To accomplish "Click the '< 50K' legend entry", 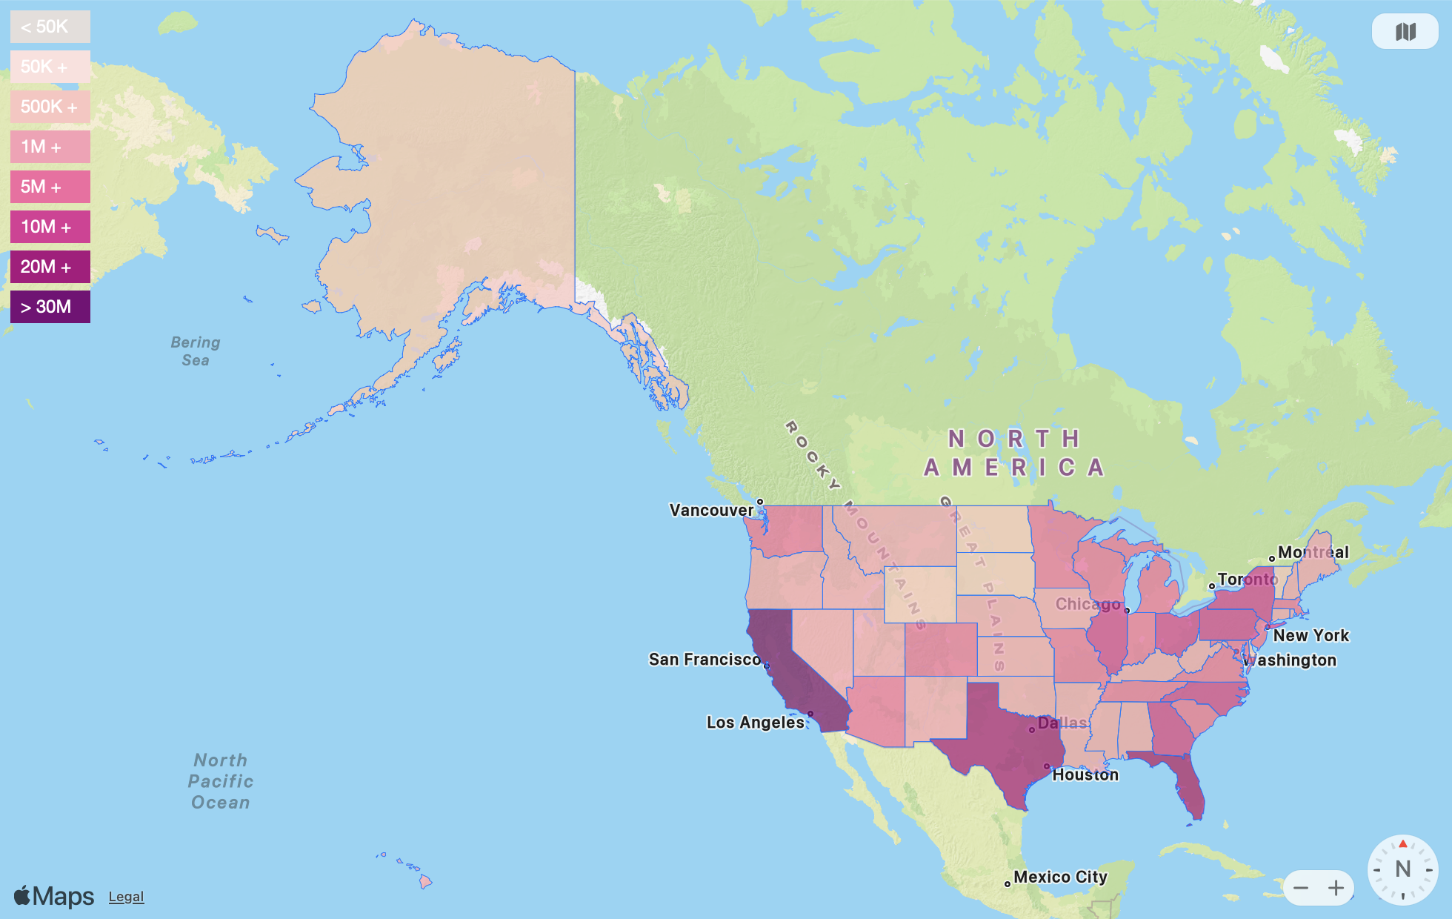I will click(x=50, y=27).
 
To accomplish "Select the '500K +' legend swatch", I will click(x=50, y=107).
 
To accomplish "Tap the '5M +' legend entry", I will click(x=50, y=187).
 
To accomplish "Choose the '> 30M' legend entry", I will click(x=50, y=307).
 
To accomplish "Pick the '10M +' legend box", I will click(x=50, y=227).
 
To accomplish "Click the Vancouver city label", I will click(x=711, y=510).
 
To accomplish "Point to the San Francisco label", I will click(x=704, y=660).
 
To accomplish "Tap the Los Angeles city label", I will click(x=755, y=723).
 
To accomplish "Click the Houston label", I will click(x=1085, y=775).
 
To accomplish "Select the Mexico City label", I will click(x=1060, y=877).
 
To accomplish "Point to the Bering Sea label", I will click(x=196, y=351).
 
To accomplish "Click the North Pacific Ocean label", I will click(x=220, y=781).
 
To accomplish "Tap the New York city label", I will click(x=1311, y=636).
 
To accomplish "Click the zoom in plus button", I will click(x=1336, y=888).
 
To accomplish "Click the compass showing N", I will click(x=1402, y=869).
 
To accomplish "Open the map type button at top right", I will click(x=1405, y=32).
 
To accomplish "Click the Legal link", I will click(x=126, y=897).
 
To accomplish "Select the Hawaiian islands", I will click(x=424, y=881).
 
